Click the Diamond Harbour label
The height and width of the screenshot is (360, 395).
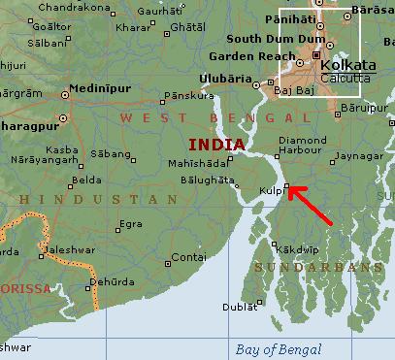(304, 146)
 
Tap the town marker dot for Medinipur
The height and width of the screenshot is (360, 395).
(65, 95)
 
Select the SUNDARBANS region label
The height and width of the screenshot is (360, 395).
(313, 266)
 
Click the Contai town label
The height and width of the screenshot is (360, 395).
(188, 257)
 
